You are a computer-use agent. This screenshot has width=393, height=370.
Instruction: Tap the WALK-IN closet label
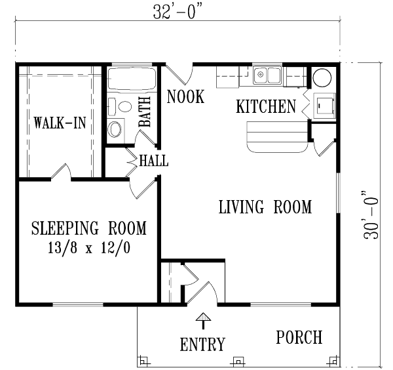pyautogui.click(x=60, y=123)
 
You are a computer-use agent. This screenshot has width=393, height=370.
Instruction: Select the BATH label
pyautogui.click(x=145, y=112)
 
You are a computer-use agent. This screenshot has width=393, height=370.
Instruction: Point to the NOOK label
pyautogui.click(x=185, y=96)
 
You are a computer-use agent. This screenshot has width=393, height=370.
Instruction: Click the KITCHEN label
pyautogui.click(x=266, y=106)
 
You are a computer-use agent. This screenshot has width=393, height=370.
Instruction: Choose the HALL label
pyautogui.click(x=154, y=161)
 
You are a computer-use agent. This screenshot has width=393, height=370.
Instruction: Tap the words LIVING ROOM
pyautogui.click(x=265, y=207)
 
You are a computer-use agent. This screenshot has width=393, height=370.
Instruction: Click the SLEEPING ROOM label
pyautogui.click(x=88, y=228)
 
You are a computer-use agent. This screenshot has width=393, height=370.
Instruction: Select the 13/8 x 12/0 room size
pyautogui.click(x=88, y=248)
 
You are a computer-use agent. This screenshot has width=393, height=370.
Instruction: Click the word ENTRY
pyautogui.click(x=202, y=344)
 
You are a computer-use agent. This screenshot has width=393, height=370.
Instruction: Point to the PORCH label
pyautogui.click(x=299, y=337)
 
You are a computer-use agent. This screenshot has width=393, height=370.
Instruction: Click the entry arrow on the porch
pyautogui.click(x=203, y=321)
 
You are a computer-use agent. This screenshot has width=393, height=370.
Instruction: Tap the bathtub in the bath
pyautogui.click(x=132, y=79)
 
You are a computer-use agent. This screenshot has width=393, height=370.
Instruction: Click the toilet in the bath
pyautogui.click(x=121, y=107)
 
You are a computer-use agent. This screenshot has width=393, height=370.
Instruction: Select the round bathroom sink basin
pyautogui.click(x=115, y=129)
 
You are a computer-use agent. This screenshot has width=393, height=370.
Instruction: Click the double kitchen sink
pyautogui.click(x=267, y=75)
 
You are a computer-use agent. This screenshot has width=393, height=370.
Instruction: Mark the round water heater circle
pyautogui.click(x=322, y=77)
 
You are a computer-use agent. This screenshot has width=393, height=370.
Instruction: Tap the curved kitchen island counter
pyautogui.click(x=277, y=137)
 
